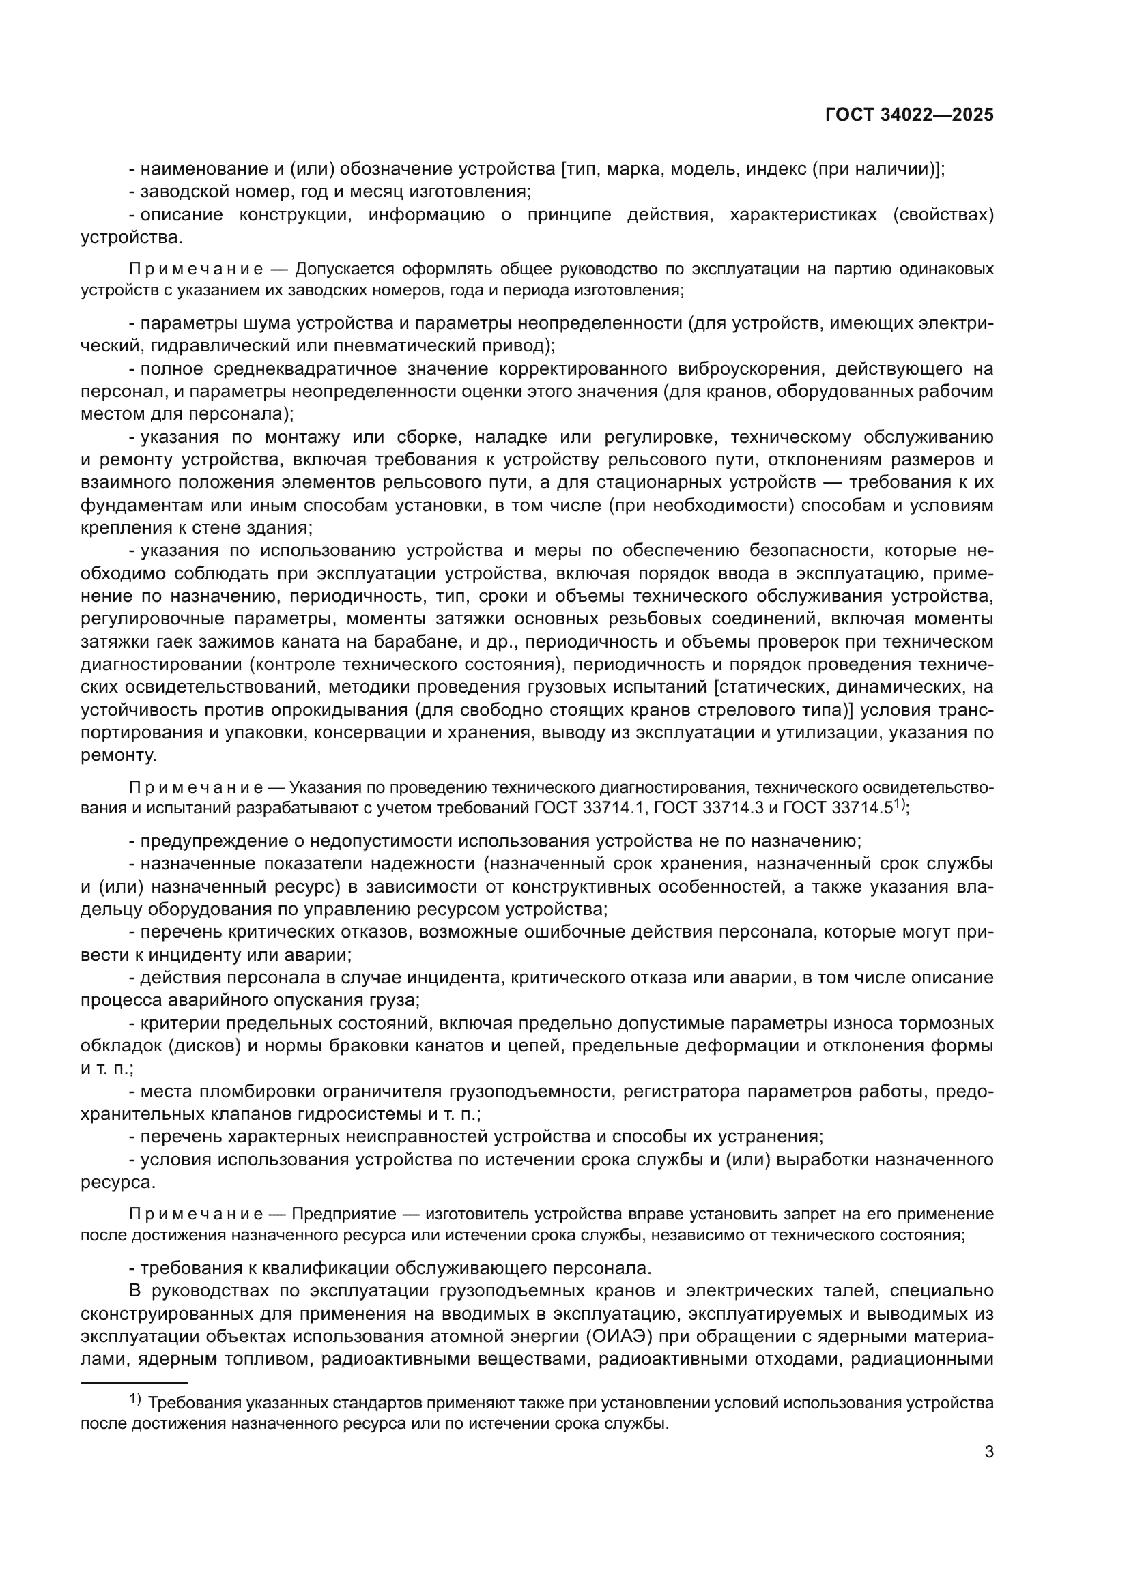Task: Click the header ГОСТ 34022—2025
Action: click(x=909, y=115)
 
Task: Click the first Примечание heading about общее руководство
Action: click(x=196, y=269)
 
